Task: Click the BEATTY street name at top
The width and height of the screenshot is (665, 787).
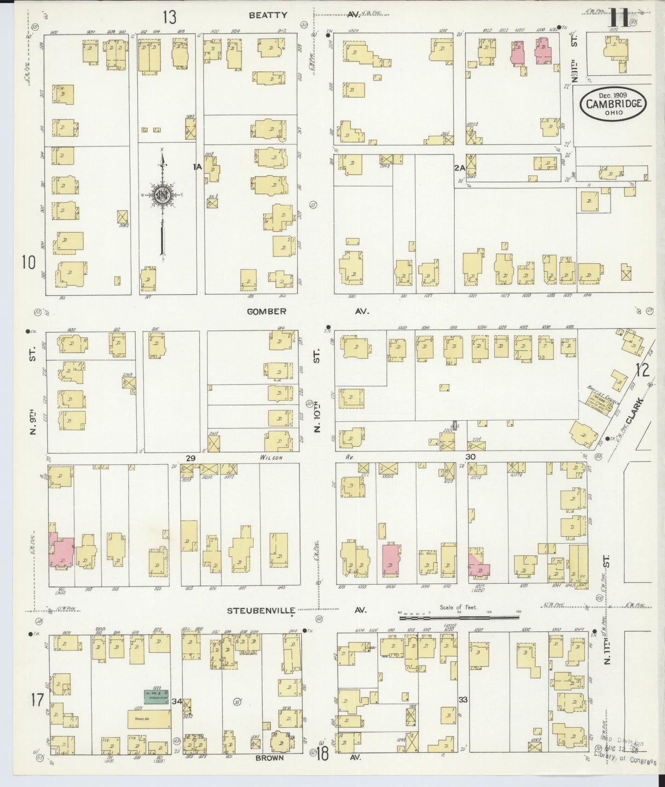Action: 268,15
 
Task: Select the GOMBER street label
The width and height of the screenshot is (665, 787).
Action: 266,311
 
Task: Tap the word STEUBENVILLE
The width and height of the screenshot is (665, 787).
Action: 260,610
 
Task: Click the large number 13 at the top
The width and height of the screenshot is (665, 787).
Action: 169,17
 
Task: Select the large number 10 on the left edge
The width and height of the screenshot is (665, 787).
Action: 29,262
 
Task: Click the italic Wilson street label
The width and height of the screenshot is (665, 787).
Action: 271,457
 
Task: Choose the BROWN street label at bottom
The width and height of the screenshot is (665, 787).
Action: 270,757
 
